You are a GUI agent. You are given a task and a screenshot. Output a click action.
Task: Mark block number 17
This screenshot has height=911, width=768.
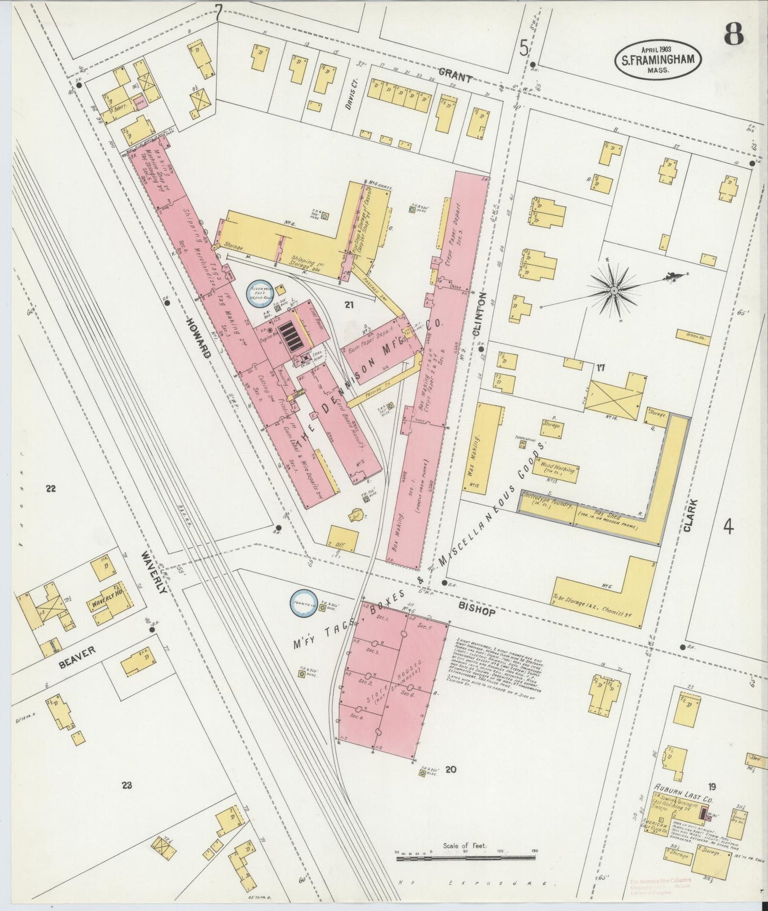click(601, 367)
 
